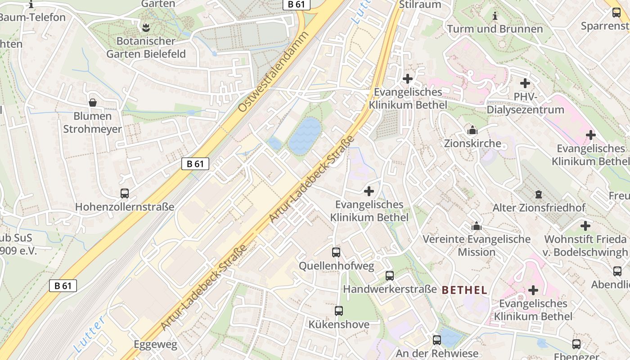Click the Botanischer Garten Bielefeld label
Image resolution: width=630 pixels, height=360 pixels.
(x=146, y=47)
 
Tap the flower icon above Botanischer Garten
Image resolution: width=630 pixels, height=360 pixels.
(x=146, y=28)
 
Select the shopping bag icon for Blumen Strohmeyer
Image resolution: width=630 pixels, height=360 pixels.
(x=93, y=103)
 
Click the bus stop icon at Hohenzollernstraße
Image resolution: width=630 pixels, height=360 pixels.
(x=125, y=193)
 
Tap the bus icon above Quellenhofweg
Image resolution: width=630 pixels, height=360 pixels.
(x=336, y=252)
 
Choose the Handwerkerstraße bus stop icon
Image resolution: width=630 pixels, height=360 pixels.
(x=390, y=276)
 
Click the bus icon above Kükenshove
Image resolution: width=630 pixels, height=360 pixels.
(x=339, y=311)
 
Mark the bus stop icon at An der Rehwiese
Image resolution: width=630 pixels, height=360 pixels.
(x=436, y=340)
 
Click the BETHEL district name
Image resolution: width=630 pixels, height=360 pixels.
(x=465, y=290)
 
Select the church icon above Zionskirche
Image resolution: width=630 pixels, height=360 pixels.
(x=472, y=130)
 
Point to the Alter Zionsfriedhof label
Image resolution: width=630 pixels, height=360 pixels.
(x=539, y=208)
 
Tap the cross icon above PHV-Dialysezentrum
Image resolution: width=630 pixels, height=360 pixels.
(x=525, y=83)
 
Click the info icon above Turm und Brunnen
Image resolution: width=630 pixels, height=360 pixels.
(x=495, y=16)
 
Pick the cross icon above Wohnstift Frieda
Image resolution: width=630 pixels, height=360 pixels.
(x=585, y=226)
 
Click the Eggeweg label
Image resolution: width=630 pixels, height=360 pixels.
(x=155, y=345)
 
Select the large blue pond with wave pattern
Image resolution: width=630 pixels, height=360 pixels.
(x=305, y=136)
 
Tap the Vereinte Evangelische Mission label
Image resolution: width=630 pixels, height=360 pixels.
(x=476, y=245)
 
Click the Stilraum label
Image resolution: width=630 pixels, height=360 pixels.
(x=420, y=4)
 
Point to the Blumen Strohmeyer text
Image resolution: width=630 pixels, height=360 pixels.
(x=92, y=122)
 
